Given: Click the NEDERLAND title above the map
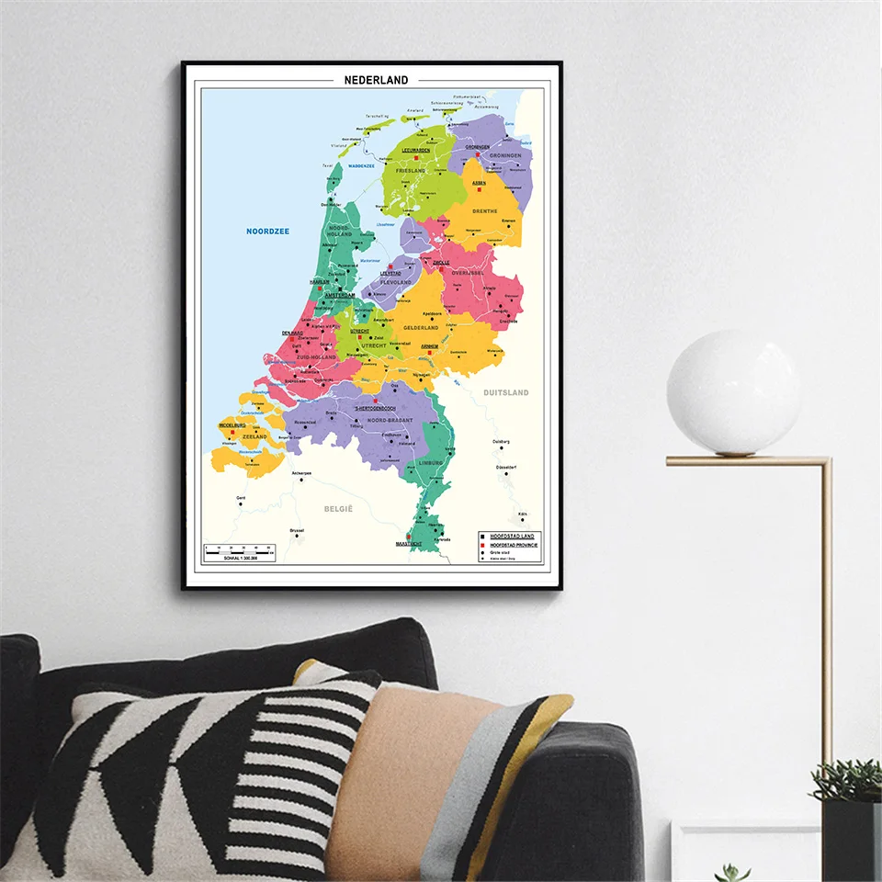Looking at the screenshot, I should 376,80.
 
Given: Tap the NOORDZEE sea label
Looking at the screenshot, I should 267,232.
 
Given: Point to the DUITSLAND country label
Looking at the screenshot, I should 506,393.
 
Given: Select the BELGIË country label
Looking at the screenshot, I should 338,507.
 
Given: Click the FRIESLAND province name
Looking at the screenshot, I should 411,171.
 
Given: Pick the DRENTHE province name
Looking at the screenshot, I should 486,211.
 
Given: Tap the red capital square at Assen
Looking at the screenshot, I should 478,190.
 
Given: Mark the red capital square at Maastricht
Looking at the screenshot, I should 409,537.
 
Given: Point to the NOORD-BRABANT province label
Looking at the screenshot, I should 386,420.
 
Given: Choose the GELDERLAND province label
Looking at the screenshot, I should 422,327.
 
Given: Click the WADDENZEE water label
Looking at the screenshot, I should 355,166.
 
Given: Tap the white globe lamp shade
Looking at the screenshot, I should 733,391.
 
